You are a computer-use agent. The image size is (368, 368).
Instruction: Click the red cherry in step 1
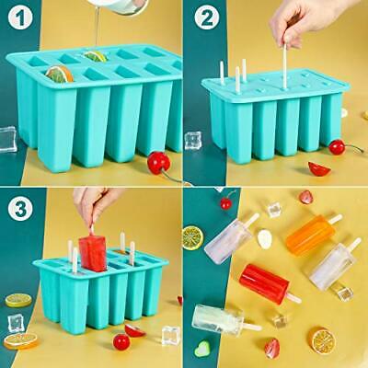[x=159, y=163]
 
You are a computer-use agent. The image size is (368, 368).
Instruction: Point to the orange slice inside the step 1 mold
[x=61, y=73]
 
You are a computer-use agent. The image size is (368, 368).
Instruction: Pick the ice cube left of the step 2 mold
[x=193, y=141]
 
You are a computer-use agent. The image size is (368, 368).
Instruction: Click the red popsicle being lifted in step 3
[x=93, y=250]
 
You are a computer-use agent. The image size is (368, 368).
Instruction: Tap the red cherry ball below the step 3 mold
[x=121, y=341]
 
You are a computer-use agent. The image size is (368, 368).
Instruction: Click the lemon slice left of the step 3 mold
[x=18, y=300]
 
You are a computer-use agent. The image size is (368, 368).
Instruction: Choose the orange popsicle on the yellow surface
[x=307, y=229]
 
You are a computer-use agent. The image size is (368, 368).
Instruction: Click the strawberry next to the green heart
[x=272, y=348]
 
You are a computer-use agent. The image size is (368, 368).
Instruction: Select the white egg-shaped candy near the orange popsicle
[x=265, y=239]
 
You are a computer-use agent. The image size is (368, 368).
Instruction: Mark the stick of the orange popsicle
[x=335, y=218]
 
